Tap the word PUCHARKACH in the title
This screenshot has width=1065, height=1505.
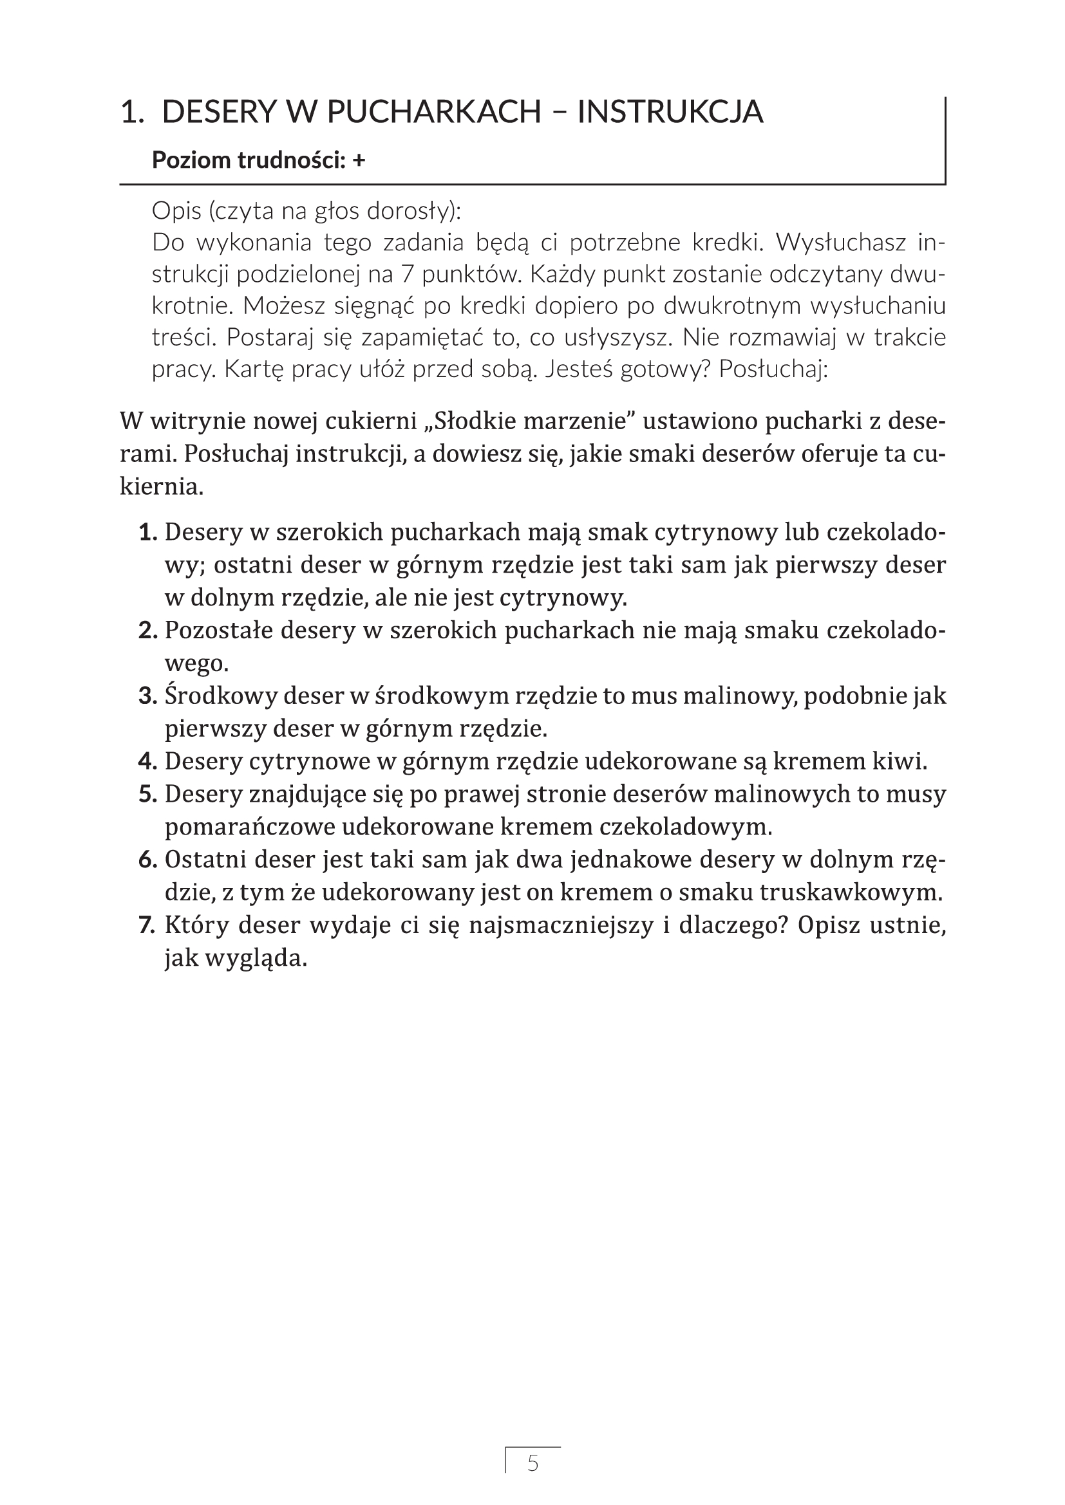(x=433, y=112)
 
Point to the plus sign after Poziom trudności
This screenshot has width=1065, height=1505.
(x=358, y=160)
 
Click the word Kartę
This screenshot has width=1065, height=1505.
(x=251, y=370)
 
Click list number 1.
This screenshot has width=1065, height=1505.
(x=148, y=532)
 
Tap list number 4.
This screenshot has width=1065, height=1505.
(x=147, y=762)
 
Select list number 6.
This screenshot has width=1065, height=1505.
(x=147, y=860)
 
